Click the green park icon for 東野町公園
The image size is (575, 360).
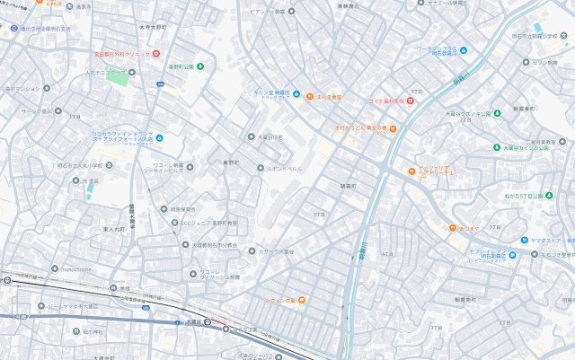click(x=199, y=66)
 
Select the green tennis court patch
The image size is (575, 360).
click(x=118, y=76)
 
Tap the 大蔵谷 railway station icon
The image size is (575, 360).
click(x=208, y=322)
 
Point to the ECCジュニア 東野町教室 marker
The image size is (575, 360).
click(x=174, y=222)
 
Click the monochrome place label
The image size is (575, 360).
click(x=69, y=268)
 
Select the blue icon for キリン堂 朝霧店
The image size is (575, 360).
click(x=252, y=94)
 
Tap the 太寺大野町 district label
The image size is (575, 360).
click(x=154, y=28)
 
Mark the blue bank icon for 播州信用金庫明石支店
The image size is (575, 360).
click(x=13, y=27)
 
